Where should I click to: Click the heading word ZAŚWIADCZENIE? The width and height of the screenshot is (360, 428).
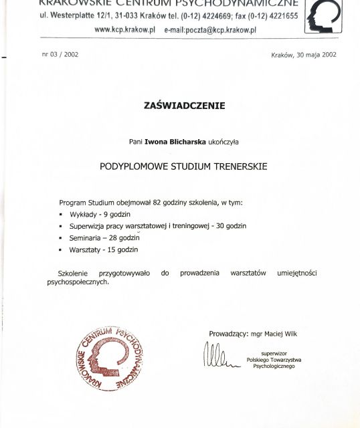click(x=184, y=105)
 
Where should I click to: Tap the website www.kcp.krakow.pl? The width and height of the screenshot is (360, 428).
click(x=125, y=30)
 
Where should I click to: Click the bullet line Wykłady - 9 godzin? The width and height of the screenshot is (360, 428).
click(x=100, y=215)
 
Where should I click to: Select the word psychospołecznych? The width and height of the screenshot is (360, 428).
click(x=78, y=282)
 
